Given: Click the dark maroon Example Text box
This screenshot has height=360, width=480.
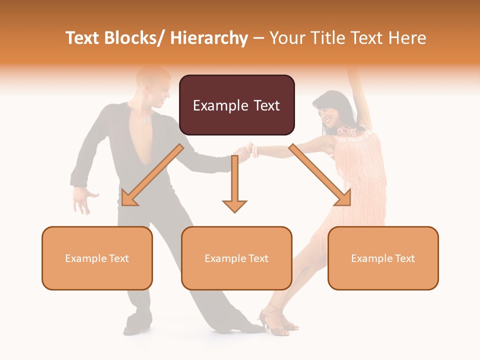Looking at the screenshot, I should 236,105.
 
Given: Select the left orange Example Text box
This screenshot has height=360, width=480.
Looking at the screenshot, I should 97,258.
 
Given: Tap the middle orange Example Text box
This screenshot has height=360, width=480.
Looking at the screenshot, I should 236,258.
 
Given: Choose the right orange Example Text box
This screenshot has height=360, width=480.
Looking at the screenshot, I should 383,258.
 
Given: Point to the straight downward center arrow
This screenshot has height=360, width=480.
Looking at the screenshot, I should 234,185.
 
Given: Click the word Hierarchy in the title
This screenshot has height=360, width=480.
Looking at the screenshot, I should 208,38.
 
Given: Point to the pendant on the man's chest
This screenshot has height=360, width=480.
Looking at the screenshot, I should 146,120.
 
